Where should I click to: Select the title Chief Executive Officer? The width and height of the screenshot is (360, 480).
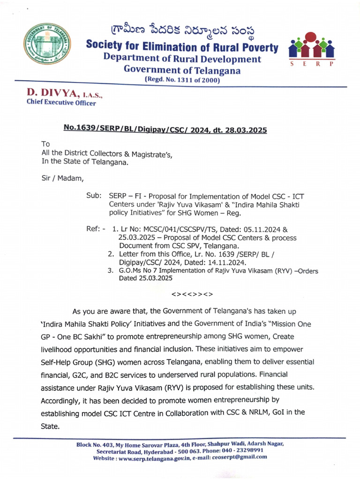click(x=61, y=103)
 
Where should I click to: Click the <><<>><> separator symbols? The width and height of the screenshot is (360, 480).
click(x=192, y=294)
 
